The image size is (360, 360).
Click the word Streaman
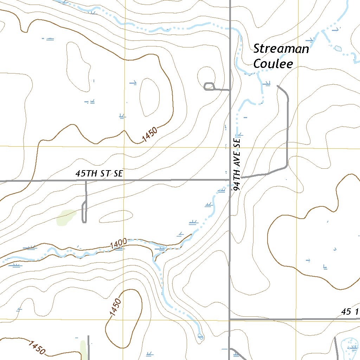pos(281,49)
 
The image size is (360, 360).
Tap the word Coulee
pos(273,64)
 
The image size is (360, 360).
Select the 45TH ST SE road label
pos(99,174)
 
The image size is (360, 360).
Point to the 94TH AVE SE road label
pos(238,164)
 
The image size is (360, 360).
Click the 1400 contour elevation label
pos(118,243)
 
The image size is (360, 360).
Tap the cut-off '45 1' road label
pos(350,312)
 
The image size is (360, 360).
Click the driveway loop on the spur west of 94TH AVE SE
pos(209,86)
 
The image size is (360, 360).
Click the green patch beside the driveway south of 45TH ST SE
pos(66,217)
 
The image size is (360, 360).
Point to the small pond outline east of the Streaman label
pos(338,48)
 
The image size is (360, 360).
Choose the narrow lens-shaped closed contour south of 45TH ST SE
pos(116,217)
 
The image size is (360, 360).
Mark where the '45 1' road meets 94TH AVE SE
pos(230,319)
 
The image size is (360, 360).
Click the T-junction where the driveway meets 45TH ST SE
pos(86,181)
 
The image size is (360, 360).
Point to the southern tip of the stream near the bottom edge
pos(200,336)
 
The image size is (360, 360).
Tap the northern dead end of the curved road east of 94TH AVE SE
pos(278,85)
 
